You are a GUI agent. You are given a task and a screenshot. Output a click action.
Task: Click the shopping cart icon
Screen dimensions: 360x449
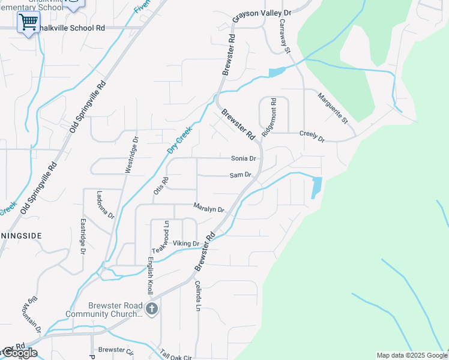point(28,23)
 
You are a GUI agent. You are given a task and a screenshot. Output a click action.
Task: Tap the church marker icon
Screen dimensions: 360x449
point(152,310)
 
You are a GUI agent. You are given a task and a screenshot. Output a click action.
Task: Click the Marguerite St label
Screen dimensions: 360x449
point(333,108)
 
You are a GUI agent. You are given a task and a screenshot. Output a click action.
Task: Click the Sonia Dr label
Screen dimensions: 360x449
point(244,158)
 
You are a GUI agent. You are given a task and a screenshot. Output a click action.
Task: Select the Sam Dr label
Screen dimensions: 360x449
point(240,175)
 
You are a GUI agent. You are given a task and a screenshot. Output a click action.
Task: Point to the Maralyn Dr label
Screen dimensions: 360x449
point(208,208)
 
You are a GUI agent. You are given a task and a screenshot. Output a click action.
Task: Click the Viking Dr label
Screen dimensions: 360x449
point(185,243)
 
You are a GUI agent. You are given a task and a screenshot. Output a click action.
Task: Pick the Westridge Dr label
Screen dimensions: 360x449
point(131,155)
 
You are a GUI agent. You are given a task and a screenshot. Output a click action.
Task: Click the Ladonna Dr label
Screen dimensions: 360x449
point(105,204)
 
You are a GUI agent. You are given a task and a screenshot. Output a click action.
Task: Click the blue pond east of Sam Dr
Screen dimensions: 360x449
point(316,187)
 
